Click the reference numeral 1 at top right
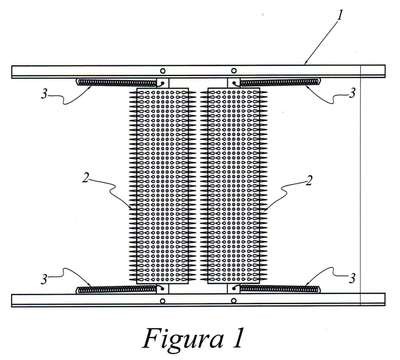(x=339, y=15)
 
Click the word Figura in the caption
(x=183, y=338)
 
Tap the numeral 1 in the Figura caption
(x=238, y=338)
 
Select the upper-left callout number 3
(x=44, y=94)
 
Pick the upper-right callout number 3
(x=352, y=93)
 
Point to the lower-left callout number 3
(x=44, y=279)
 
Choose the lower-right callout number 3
(x=352, y=278)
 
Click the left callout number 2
(x=86, y=178)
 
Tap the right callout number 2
(x=309, y=180)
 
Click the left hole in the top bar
(x=162, y=71)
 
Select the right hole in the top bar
(x=234, y=71)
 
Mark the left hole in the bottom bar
(x=162, y=301)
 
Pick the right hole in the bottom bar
(x=234, y=301)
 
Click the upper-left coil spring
(x=117, y=82)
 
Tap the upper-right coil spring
(x=279, y=81)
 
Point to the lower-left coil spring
(x=117, y=290)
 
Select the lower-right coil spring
(x=279, y=289)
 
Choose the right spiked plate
(x=233, y=186)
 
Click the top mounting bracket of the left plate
(x=163, y=83)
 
